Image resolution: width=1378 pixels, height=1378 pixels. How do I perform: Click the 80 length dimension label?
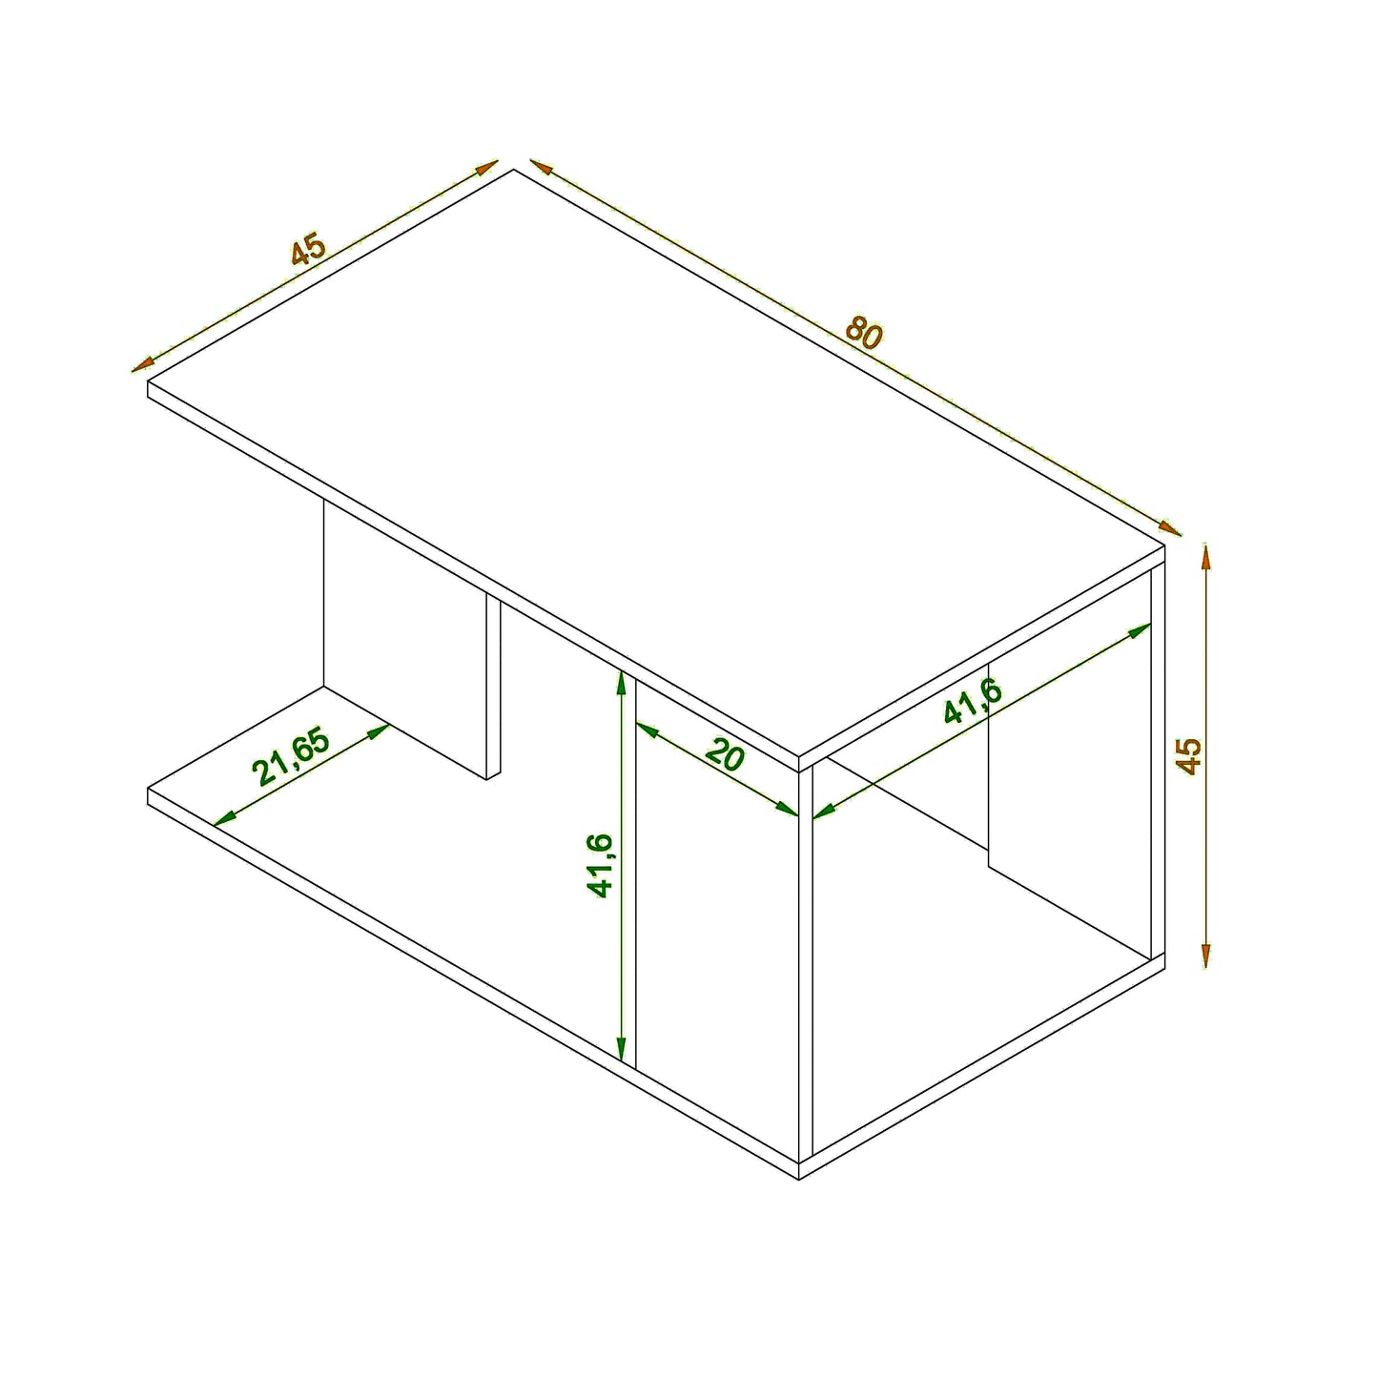click(x=864, y=333)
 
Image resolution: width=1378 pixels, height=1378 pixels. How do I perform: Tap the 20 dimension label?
click(x=726, y=756)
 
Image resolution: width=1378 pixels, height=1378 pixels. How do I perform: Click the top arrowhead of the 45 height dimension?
click(x=1206, y=553)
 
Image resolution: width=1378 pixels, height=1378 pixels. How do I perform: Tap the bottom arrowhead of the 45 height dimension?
click(x=1206, y=957)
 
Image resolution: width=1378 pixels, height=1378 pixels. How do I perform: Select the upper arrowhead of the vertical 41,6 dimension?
click(x=622, y=681)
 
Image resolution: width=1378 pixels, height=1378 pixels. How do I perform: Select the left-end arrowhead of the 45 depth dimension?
click(x=142, y=364)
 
